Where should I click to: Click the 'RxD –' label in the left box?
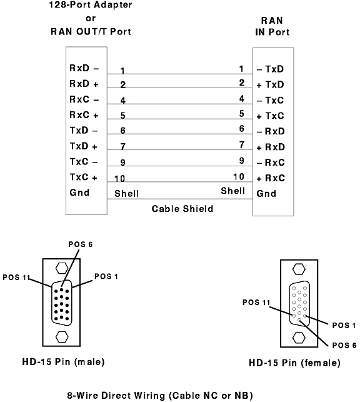click(84, 68)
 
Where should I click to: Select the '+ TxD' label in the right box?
click(271, 84)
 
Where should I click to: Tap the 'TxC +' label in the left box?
click(84, 177)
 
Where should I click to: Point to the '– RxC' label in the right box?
click(271, 163)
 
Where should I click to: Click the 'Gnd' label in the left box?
click(79, 193)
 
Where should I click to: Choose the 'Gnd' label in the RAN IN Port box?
click(266, 194)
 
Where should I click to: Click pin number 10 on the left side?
click(119, 178)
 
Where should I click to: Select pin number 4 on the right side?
click(242, 98)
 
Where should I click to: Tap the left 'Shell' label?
click(126, 194)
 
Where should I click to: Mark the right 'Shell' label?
click(233, 191)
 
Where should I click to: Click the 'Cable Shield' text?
click(182, 209)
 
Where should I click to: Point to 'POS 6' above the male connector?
click(80, 244)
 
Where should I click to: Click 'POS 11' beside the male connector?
click(16, 278)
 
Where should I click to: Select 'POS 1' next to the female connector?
click(344, 325)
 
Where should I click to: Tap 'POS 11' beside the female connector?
click(256, 303)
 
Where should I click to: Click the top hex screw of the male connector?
click(62, 268)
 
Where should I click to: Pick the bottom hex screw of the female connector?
click(299, 338)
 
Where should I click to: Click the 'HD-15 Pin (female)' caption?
click(294, 363)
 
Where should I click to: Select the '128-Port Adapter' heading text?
click(91, 4)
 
